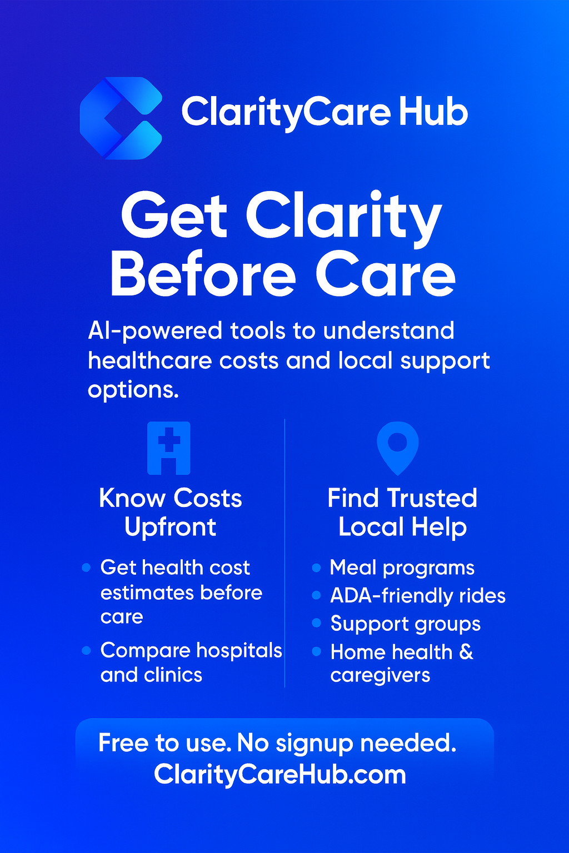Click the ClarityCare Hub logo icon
tap(121, 118)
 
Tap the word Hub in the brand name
tap(433, 112)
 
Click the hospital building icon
tap(169, 448)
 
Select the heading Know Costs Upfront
tap(170, 513)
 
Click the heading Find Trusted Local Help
tap(402, 513)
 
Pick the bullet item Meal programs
tap(402, 568)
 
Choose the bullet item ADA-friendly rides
tap(418, 596)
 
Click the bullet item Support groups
tap(405, 624)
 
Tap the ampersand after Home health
tap(466, 652)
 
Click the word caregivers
tap(380, 676)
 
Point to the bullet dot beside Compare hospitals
tap(86, 650)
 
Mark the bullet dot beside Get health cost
tap(86, 568)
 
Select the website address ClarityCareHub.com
tap(280, 775)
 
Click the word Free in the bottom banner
tap(123, 743)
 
